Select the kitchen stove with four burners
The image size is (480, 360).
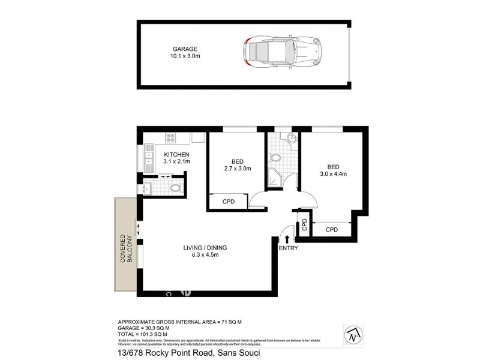pyautogui.click(x=170, y=138)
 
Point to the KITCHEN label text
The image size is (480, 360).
pyautogui.click(x=176, y=155)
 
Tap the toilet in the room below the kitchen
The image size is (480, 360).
pyautogui.click(x=174, y=188)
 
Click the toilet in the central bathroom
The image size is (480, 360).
pyautogui.click(x=275, y=159)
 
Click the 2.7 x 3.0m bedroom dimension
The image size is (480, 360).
pyautogui.click(x=236, y=169)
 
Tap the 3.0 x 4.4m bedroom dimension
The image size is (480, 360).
pyautogui.click(x=333, y=174)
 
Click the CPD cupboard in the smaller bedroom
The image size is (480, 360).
pyautogui.click(x=229, y=202)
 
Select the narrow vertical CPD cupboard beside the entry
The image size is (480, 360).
pyautogui.click(x=304, y=225)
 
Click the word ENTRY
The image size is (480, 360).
pyautogui.click(x=287, y=248)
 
